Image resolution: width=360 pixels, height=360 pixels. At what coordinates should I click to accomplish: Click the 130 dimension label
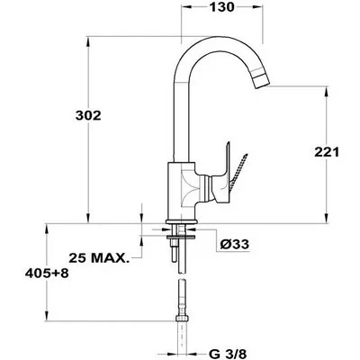click(x=221, y=7)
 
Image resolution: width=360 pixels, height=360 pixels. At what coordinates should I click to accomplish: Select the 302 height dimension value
click(x=88, y=115)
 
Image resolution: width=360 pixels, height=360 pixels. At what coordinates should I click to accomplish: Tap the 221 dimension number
click(x=327, y=152)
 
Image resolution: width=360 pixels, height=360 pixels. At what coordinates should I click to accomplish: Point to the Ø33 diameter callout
click(x=234, y=244)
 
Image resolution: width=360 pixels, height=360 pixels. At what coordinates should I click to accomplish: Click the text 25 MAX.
click(x=99, y=257)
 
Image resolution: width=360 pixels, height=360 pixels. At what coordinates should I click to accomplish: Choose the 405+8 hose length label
click(x=47, y=274)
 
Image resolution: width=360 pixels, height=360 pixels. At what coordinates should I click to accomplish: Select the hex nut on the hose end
click(x=182, y=318)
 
